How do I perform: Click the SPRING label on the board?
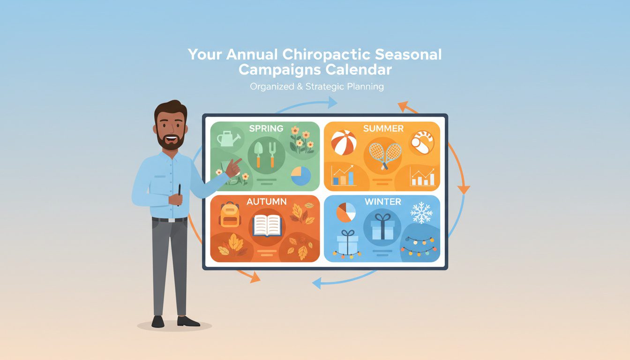pyautogui.click(x=266, y=128)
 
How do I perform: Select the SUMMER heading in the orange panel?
pyautogui.click(x=383, y=128)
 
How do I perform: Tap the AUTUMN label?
pyautogui.click(x=266, y=202)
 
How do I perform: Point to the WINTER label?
pyautogui.click(x=382, y=202)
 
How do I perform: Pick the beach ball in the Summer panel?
pyautogui.click(x=344, y=142)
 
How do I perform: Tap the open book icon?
pyautogui.click(x=266, y=225)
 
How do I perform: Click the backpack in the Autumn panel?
pyautogui.click(x=229, y=215)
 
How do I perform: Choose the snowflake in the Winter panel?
pyautogui.click(x=421, y=213)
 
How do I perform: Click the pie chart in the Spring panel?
pyautogui.click(x=301, y=176)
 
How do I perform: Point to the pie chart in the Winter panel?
pyautogui.click(x=346, y=212)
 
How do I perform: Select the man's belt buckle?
pyautogui.click(x=171, y=219)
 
